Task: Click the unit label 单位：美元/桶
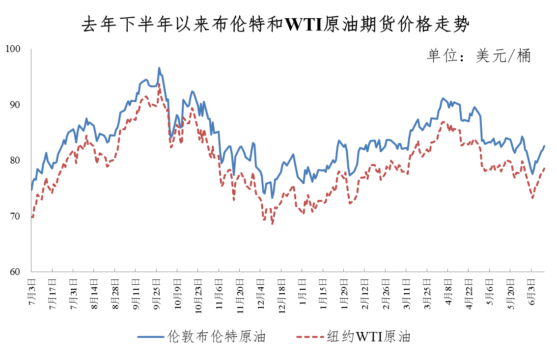478,56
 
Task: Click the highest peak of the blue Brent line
159,68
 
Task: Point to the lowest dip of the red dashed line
272,224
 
